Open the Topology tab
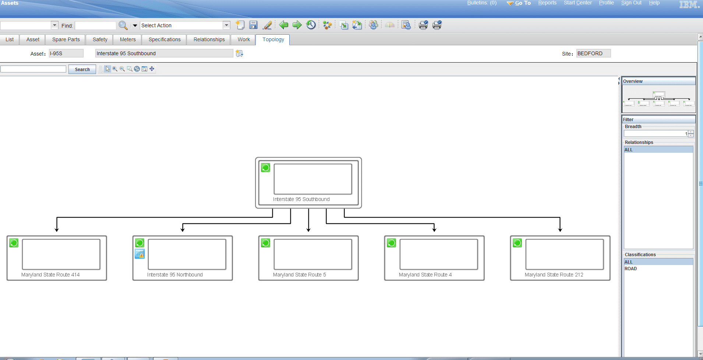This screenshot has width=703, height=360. [273, 39]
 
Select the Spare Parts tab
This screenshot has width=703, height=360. [66, 39]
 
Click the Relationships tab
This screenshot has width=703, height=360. [209, 39]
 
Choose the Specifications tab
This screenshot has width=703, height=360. [165, 39]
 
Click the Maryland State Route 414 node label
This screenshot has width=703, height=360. [50, 275]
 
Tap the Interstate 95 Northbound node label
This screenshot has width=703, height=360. [175, 275]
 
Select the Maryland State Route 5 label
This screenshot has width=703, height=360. [299, 275]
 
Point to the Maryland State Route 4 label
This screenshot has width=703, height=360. [425, 275]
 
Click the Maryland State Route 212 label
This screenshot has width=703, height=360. [554, 275]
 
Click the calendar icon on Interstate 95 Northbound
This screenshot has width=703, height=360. [140, 254]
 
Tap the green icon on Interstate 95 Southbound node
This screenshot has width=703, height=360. [266, 168]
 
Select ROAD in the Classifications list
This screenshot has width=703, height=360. [630, 269]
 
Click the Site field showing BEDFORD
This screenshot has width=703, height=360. [593, 53]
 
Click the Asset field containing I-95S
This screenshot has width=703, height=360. [66, 53]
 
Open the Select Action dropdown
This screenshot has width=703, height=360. [226, 25]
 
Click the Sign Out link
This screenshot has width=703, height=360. [631, 3]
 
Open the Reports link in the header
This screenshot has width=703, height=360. [547, 3]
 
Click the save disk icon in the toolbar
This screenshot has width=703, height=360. [253, 25]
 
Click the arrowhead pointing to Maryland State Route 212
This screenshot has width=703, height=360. [560, 230]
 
